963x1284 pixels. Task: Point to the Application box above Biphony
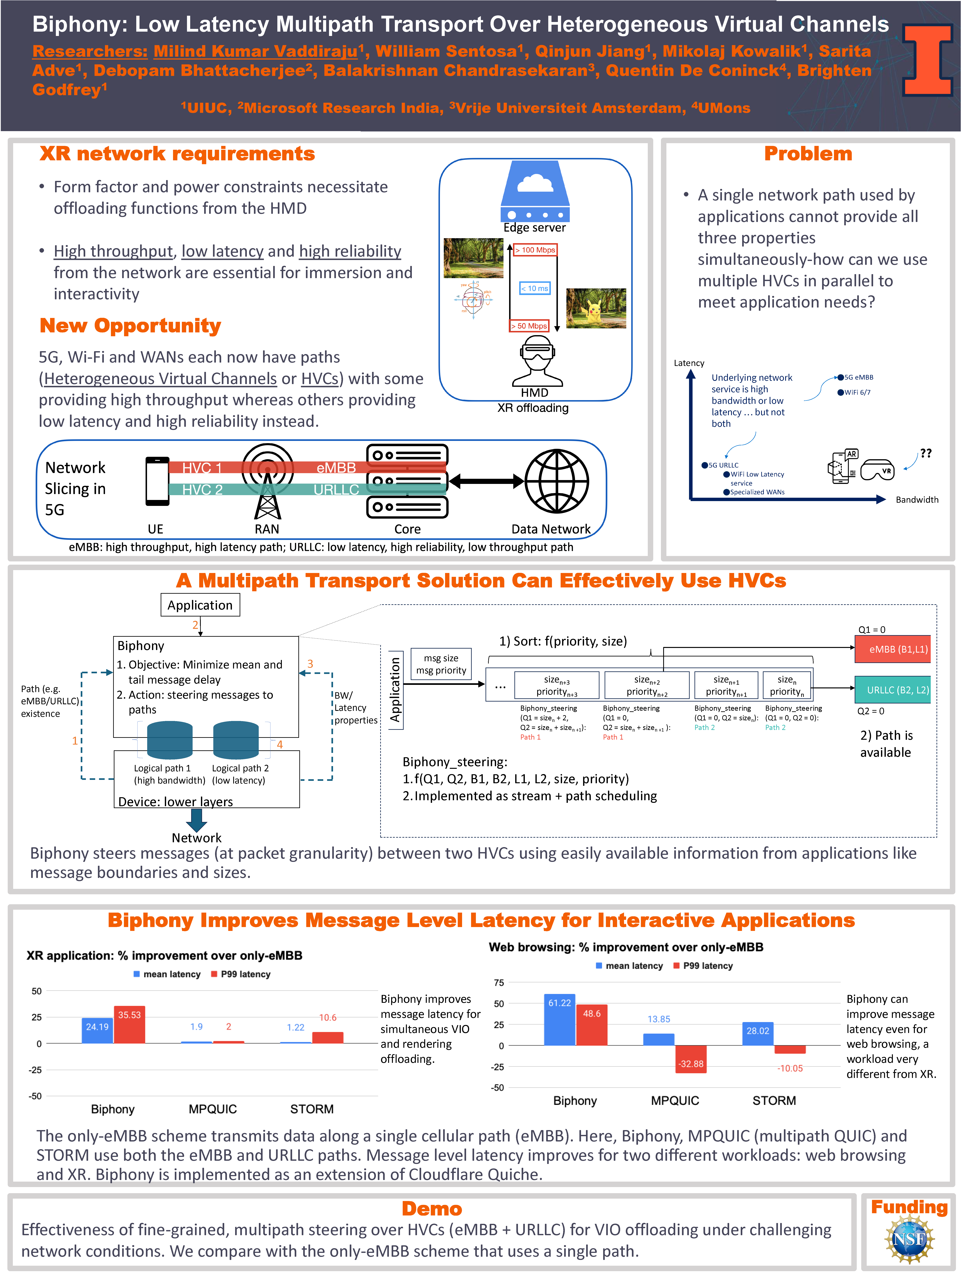click(x=200, y=605)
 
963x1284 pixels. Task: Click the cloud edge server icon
click(x=535, y=191)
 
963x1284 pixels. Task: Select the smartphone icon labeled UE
click(x=157, y=481)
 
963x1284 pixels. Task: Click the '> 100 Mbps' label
click(x=535, y=250)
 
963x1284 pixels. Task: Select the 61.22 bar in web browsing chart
click(x=560, y=1020)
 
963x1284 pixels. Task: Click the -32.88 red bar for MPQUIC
click(x=691, y=1059)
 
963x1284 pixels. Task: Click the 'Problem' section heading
click(x=807, y=154)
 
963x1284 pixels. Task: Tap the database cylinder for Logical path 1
click(x=169, y=740)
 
